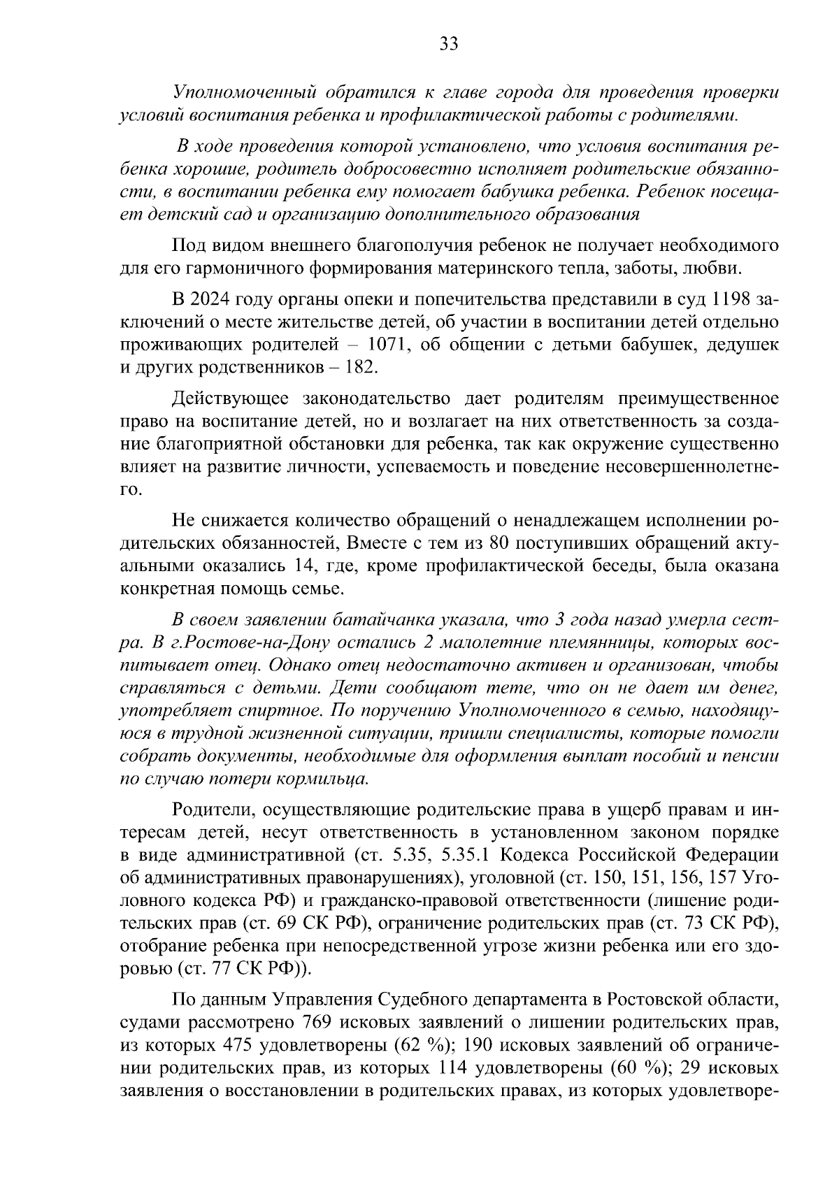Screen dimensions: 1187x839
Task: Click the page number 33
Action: [x=448, y=44]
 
